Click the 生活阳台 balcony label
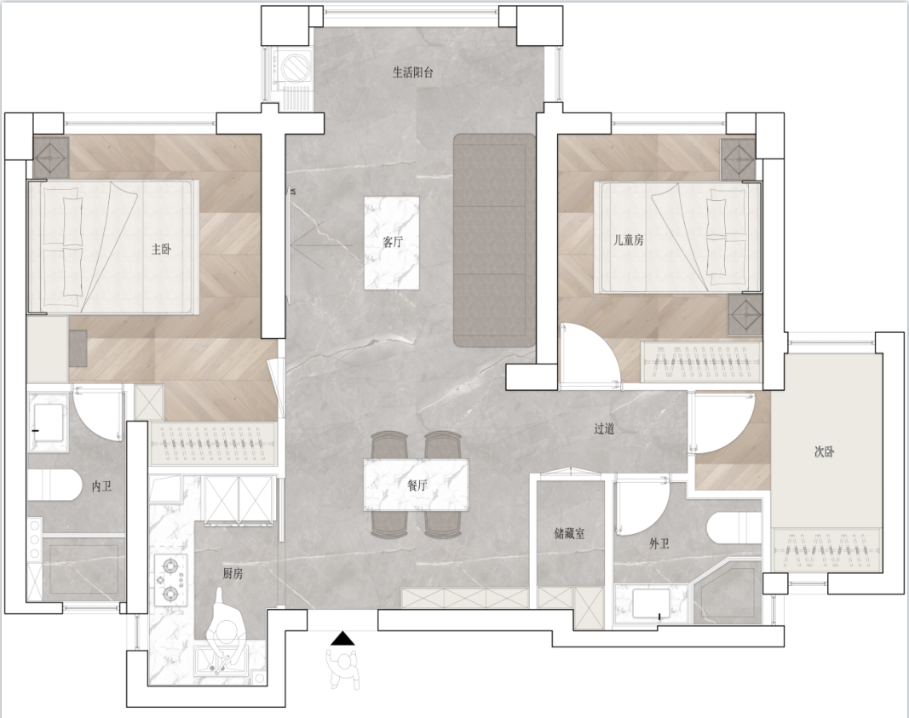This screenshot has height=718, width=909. (413, 72)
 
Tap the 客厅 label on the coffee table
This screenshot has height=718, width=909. (393, 242)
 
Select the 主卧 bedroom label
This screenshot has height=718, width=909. (161, 250)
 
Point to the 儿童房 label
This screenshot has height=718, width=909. (629, 239)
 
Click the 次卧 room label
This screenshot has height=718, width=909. (824, 451)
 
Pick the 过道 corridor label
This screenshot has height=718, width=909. (604, 428)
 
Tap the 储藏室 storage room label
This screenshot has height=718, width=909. (569, 533)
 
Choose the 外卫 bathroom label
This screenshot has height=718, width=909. (659, 543)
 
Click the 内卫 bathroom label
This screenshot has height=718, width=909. (101, 486)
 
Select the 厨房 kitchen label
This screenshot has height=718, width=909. (233, 573)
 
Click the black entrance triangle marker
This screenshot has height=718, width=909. (342, 638)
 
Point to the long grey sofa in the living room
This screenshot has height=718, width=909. (494, 240)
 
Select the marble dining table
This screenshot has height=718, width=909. (416, 485)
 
